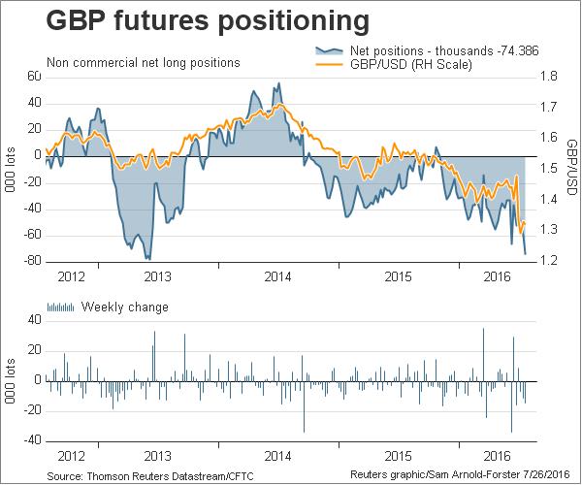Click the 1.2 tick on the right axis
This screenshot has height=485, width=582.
(548, 261)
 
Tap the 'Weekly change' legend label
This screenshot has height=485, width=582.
(125, 307)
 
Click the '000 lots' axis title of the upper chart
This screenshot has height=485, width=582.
(10, 169)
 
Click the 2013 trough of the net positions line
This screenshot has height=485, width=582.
(148, 258)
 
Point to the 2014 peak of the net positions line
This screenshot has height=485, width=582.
(279, 83)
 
